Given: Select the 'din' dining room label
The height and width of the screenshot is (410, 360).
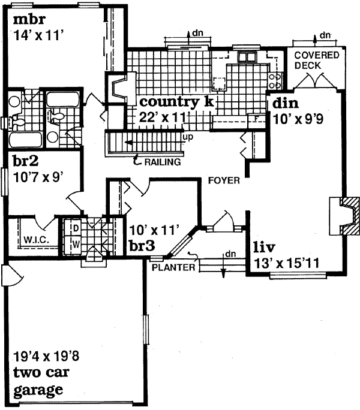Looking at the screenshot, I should [x=285, y=104].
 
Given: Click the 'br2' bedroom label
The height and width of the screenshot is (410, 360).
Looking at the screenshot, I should [x=25, y=162].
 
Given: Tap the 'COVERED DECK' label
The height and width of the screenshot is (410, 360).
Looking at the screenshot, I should [x=316, y=60].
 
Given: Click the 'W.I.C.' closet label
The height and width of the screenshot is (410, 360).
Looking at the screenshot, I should [x=35, y=240].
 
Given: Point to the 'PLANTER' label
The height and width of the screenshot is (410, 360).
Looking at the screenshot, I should [x=173, y=267].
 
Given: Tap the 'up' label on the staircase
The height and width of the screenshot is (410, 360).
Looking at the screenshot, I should [x=187, y=138].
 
